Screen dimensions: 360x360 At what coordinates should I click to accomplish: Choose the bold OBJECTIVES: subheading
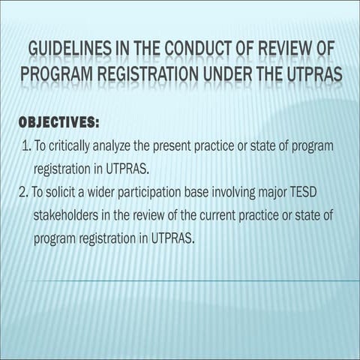click(x=58, y=120)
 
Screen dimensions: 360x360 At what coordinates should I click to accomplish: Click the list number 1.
click(x=26, y=145)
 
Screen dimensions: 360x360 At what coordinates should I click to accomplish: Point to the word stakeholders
click(x=67, y=215)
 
